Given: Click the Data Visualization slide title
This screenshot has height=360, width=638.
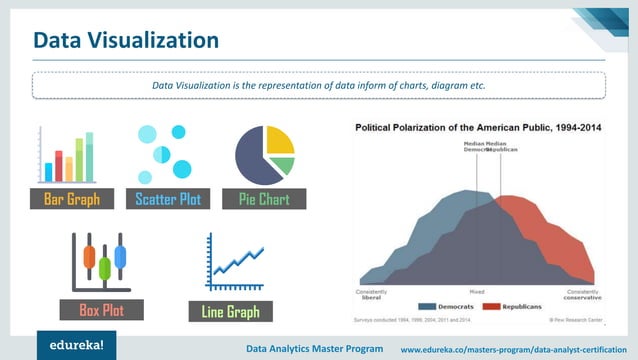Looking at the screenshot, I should tap(126, 41).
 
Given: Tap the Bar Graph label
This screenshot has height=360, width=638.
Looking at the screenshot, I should tap(71, 199).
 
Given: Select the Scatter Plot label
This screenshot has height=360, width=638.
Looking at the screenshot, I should tap(168, 199).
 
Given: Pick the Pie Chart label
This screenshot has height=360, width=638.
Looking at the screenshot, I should tap(264, 199).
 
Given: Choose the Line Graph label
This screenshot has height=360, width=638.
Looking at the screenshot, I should tap(230, 312).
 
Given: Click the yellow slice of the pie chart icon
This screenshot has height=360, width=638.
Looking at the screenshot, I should tap(281, 139).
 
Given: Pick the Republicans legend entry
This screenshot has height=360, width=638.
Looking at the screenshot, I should tap(511, 306).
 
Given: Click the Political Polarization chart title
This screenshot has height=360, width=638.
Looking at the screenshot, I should tap(479, 128).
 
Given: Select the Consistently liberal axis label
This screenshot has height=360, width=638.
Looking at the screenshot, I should tap(370, 294).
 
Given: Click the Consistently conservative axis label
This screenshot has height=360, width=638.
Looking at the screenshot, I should tap(582, 294).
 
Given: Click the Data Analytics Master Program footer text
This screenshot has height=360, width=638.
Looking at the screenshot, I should tap(314, 348).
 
